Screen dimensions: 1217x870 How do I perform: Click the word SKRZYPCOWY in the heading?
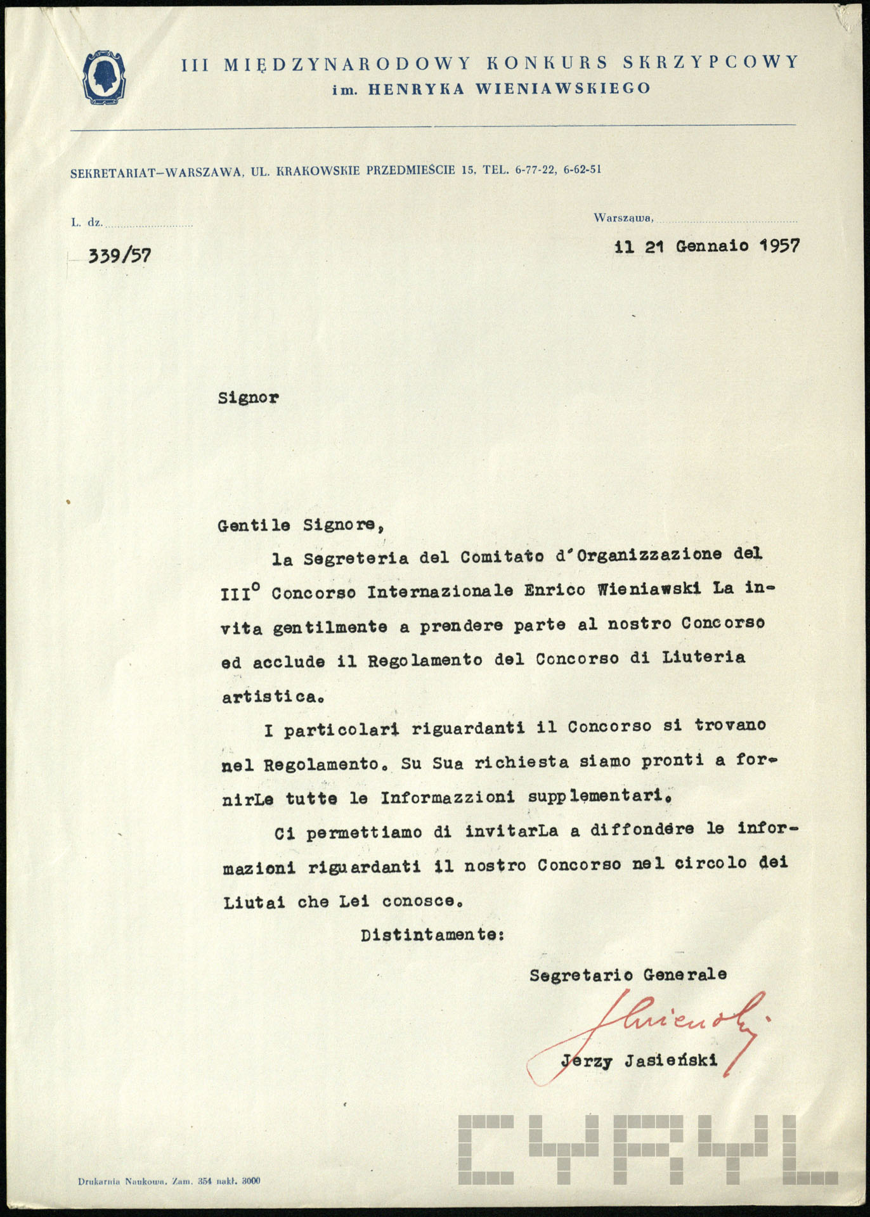pos(710,62)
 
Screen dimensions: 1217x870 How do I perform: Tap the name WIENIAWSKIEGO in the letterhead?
pos(563,89)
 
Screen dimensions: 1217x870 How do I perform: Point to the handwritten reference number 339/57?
pos(119,255)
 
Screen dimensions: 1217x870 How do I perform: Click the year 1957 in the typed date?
pos(779,245)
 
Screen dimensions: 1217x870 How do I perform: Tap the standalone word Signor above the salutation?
pos(248,398)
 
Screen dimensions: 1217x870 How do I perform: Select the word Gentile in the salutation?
pos(254,525)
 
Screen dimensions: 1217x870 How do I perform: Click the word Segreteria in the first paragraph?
pos(355,558)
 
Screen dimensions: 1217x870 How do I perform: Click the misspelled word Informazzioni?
pos(448,797)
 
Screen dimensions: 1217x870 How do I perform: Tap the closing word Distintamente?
pos(431,935)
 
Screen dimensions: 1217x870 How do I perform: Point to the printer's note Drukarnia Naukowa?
pos(122,1181)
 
